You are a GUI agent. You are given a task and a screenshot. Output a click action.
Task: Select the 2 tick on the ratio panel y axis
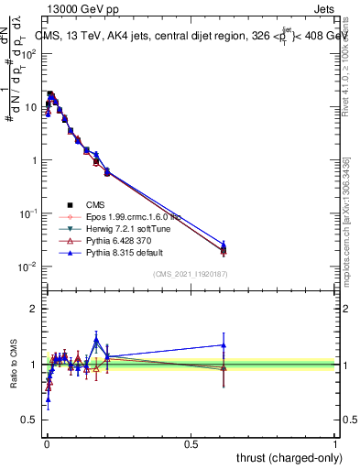coord(37,309)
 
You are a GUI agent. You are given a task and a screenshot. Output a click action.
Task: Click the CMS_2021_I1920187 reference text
coord(190,274)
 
